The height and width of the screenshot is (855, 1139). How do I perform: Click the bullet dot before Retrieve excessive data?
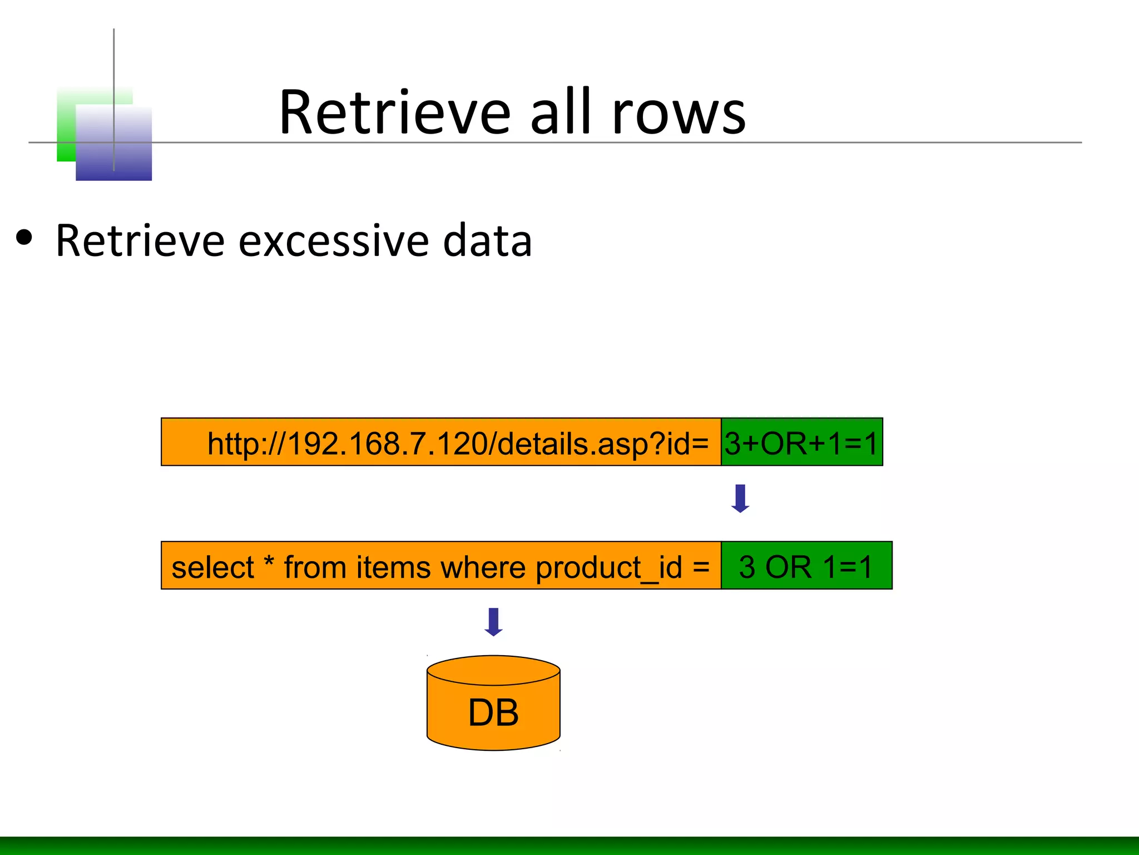[24, 238]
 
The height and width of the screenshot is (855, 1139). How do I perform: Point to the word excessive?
[334, 241]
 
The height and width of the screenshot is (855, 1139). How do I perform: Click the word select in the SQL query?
[212, 568]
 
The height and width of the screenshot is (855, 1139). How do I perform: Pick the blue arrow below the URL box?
[740, 498]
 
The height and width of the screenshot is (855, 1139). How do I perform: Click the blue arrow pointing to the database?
[493, 622]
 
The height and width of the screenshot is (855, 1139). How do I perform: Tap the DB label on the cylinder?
[493, 712]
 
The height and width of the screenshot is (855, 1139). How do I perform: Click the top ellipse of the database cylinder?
[493, 670]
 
